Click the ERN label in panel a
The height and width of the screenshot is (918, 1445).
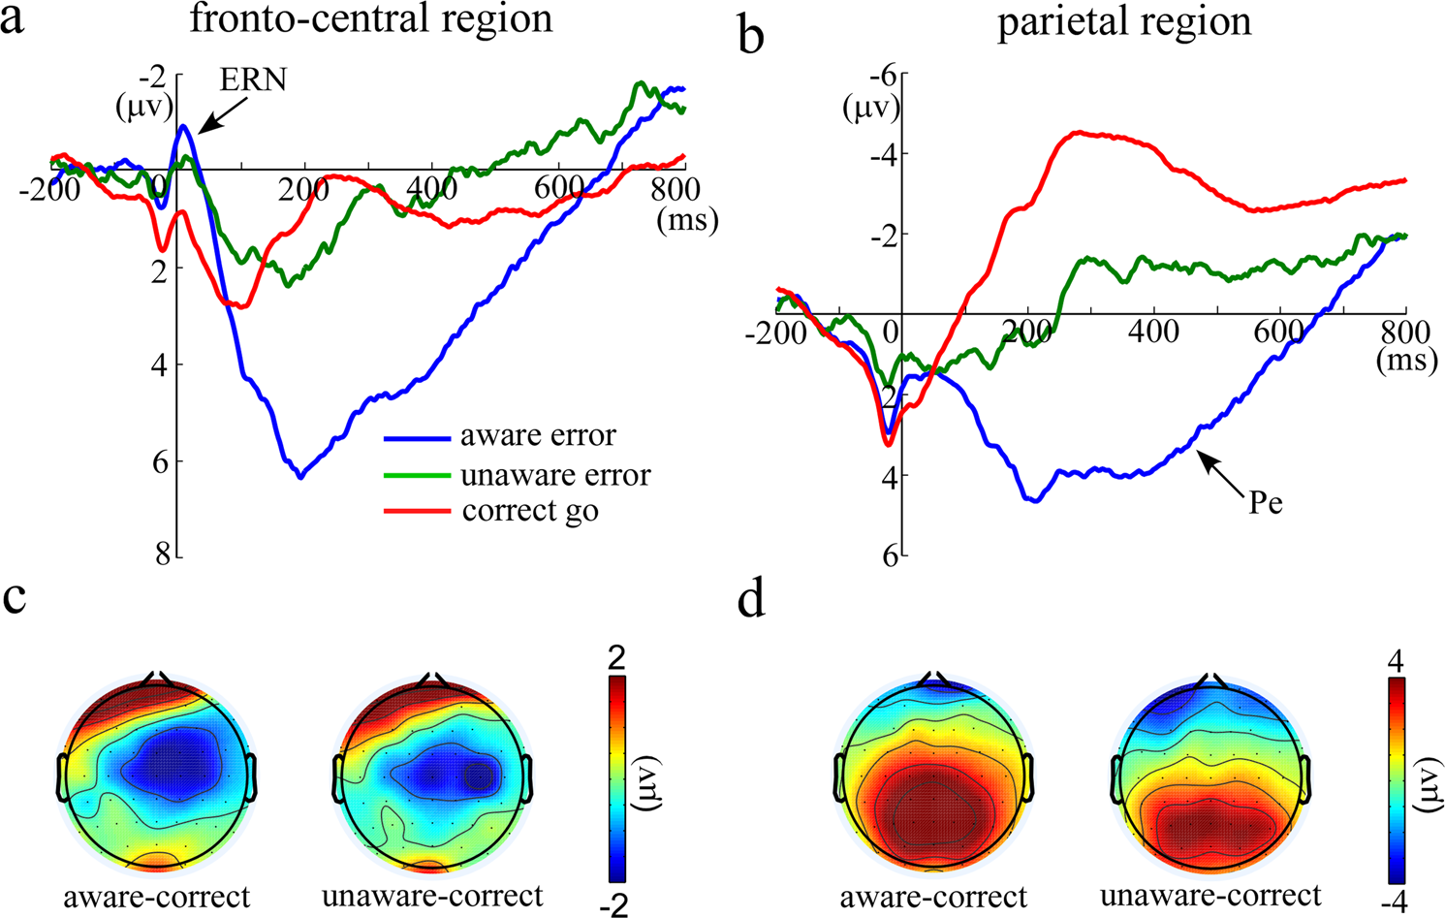pos(253,79)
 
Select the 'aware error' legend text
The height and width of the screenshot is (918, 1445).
pos(538,436)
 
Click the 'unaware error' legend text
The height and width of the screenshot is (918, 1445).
pos(555,474)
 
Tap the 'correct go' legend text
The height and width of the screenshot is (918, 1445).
pos(530,511)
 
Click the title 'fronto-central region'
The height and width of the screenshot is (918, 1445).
pos(371,19)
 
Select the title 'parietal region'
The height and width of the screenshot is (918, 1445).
pos(1124,21)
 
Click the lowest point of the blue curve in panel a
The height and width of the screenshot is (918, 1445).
pos(301,476)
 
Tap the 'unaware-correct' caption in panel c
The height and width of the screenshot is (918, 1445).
pos(432,896)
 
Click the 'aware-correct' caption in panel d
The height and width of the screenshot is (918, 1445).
pos(933,896)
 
